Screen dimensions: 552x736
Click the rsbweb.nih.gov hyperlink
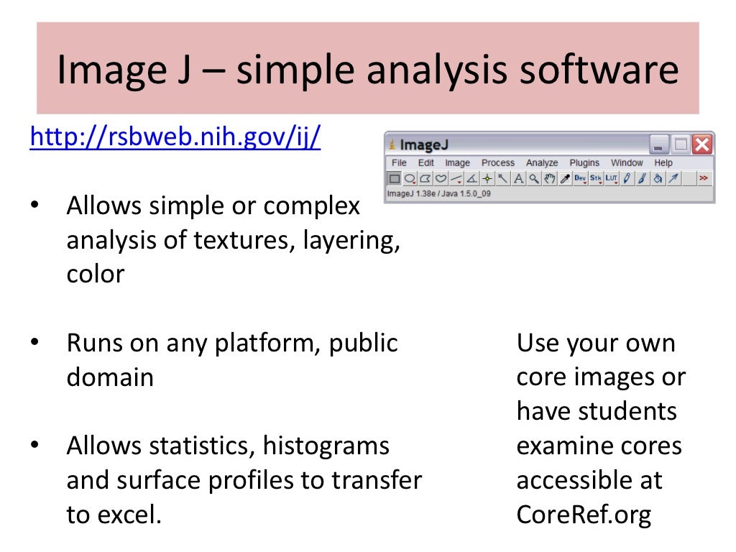(x=175, y=137)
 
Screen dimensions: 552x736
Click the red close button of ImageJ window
(x=702, y=144)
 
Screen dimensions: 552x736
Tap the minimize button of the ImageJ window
(x=659, y=144)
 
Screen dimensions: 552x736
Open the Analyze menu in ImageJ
(x=542, y=163)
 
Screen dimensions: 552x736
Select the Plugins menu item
(x=584, y=163)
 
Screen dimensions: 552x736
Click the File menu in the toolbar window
(x=399, y=163)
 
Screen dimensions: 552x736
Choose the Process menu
(x=498, y=163)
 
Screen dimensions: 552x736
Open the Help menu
(x=663, y=163)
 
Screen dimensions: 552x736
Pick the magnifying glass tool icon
(x=534, y=178)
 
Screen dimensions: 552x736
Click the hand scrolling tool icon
(x=550, y=178)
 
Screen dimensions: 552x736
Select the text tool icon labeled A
(x=518, y=178)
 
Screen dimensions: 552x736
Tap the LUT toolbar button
(x=612, y=178)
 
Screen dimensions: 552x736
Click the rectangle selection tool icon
(x=394, y=178)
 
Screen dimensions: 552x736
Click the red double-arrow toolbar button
(x=704, y=178)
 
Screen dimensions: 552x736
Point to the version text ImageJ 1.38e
(x=438, y=193)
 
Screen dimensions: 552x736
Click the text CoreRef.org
(x=584, y=515)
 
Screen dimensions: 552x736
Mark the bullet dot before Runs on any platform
(x=34, y=343)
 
